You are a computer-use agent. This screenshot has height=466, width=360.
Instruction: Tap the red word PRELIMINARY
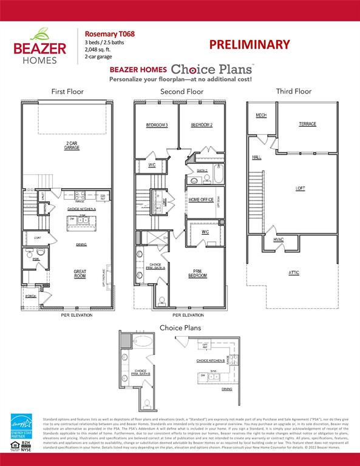(x=250, y=44)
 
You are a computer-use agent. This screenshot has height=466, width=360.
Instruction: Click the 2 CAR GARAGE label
(x=72, y=146)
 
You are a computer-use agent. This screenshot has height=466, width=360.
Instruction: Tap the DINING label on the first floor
(x=81, y=245)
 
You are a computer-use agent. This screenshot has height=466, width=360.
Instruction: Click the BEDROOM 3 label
(x=157, y=125)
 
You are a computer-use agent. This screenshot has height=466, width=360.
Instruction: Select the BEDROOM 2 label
(x=201, y=125)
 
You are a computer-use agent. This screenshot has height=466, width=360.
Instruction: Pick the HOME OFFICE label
(x=201, y=200)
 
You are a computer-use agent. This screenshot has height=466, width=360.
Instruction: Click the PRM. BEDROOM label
(x=197, y=274)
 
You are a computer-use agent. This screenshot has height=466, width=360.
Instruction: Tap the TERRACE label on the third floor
(x=307, y=124)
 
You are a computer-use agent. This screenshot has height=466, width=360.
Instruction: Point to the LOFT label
(x=300, y=188)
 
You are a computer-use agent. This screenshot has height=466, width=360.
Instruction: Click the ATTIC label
(x=293, y=272)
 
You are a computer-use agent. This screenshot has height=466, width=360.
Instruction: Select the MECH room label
(x=261, y=115)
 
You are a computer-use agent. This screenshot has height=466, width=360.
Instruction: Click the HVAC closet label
(x=278, y=240)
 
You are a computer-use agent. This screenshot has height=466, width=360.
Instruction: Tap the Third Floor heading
(x=293, y=92)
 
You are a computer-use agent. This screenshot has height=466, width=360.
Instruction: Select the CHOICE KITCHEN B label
(x=211, y=360)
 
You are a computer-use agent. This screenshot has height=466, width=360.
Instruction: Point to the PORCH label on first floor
(x=30, y=296)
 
